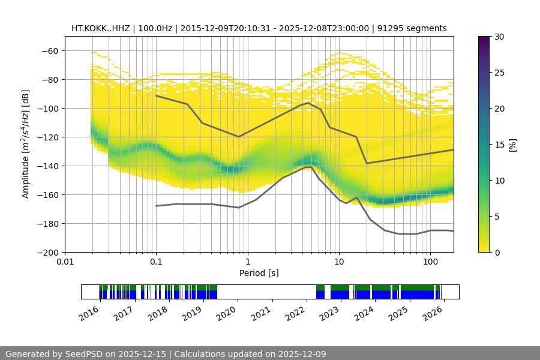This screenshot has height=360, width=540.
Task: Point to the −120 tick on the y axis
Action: coord(50,137)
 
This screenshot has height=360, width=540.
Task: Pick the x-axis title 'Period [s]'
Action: coord(259,273)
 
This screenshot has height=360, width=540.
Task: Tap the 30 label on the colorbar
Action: coord(499,37)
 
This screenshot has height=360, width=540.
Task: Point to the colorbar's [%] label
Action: coord(512,145)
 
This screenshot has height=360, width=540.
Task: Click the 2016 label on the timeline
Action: coord(89,313)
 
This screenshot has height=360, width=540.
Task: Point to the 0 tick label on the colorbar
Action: coord(497,252)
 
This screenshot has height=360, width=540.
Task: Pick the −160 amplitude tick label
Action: coord(50,194)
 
